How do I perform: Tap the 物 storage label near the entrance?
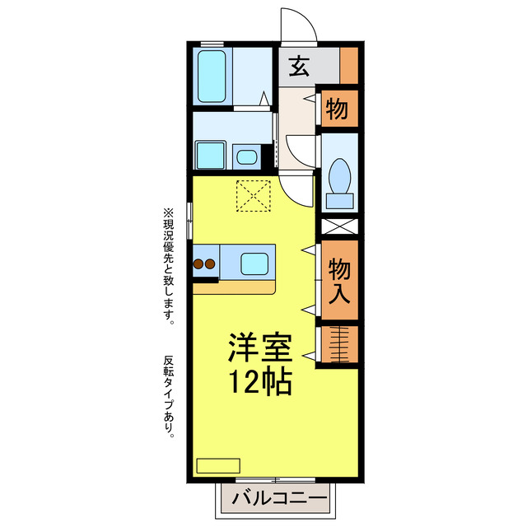click(336, 108)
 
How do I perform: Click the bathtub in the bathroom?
click(213, 77)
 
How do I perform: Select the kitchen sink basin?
click(254, 264)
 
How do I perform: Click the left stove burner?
click(198, 264)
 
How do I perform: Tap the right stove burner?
click(211, 264)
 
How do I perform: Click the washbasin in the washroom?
click(245, 156)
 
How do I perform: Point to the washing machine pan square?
click(211, 155)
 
